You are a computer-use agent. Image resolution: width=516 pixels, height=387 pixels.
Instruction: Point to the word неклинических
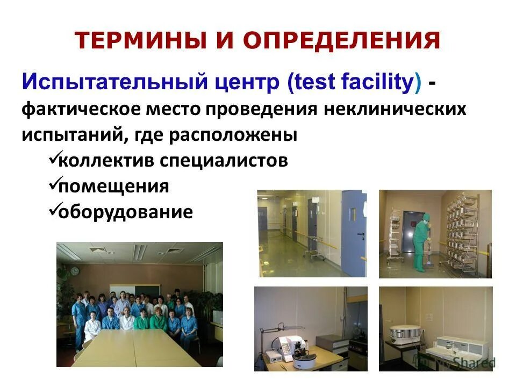pyautogui.click(x=395, y=109)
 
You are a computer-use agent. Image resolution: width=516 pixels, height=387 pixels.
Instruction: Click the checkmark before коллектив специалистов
pyautogui.click(x=53, y=158)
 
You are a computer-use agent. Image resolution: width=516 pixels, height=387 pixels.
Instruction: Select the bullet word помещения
pyautogui.click(x=113, y=187)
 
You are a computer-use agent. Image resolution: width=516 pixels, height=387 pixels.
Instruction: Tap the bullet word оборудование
pyautogui.click(x=125, y=212)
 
